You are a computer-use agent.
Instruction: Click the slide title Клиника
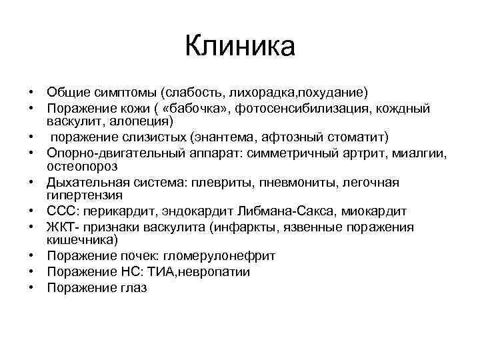tap(240, 47)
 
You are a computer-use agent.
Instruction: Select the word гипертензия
tap(85, 195)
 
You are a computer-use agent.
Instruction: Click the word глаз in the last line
tap(133, 288)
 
